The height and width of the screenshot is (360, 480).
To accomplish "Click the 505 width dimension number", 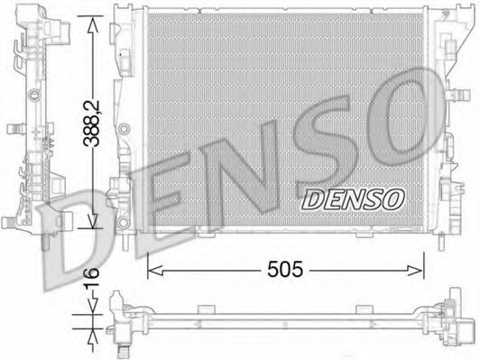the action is pos(285,270).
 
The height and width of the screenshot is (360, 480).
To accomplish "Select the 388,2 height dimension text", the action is pos(92,124).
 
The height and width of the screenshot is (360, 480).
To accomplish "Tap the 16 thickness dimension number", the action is pos(92,277).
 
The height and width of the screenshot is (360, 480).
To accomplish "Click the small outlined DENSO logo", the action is pos(353,199).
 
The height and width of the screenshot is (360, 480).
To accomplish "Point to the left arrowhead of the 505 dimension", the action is pos(154,271).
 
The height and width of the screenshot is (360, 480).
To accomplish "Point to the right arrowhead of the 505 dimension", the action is pos(417,271).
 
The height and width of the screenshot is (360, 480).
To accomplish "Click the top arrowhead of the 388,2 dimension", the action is pos(93,23).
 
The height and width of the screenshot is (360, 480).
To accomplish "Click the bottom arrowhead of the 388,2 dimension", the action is pos(93,221).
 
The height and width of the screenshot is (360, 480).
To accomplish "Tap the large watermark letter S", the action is pos(325,143).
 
